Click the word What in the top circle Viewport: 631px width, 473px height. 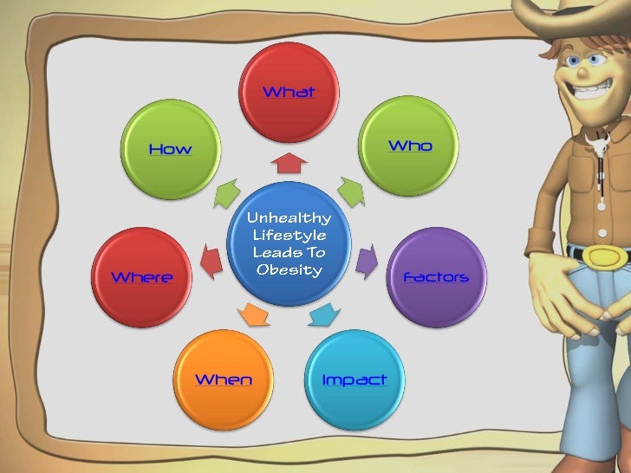[289, 92]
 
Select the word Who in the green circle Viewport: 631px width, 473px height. [410, 146]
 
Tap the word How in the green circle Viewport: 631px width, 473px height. [170, 149]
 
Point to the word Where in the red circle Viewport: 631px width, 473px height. [142, 277]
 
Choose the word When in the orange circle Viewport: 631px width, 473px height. [224, 379]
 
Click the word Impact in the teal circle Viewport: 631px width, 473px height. [354, 379]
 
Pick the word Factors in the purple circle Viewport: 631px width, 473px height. [436, 277]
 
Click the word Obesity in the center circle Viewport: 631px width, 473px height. [289, 269]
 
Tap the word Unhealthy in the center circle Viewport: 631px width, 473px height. [289, 217]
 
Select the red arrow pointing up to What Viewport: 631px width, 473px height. [289, 164]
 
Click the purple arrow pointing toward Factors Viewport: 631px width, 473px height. [368, 257]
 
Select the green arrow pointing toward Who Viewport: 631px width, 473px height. [349, 191]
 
